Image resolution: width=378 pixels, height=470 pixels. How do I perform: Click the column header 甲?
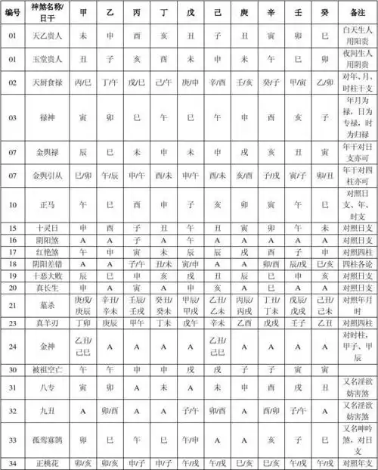pos(82,14)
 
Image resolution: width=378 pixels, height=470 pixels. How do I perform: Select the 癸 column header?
pos(324,14)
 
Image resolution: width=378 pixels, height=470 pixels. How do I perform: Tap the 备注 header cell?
pos(358,14)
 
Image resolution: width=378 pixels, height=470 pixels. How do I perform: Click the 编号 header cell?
pos(13,14)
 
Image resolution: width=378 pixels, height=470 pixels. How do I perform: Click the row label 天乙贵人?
pos(45,35)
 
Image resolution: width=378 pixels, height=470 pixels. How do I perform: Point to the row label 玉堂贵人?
pos(45,58)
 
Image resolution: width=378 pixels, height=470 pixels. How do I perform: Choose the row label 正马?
pos(45,204)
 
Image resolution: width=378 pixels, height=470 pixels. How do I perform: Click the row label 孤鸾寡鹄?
pos(45,439)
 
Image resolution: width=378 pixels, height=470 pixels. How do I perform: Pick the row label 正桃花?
pos(45,462)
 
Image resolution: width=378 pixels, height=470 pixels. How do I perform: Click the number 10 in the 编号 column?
pos(13,204)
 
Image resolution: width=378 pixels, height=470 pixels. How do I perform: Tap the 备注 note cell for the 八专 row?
pos(358,388)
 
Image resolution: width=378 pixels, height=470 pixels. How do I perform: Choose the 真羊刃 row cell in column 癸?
pos(324,323)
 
